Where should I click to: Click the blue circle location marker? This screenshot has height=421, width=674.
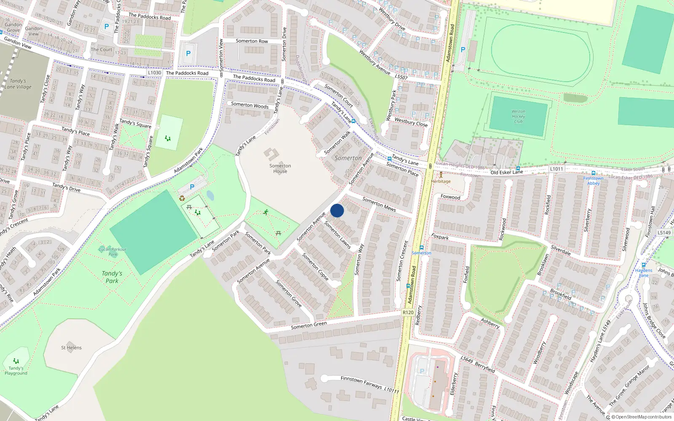(x=337, y=210)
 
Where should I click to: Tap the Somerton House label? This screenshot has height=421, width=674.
(x=280, y=168)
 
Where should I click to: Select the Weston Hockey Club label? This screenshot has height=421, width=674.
(x=518, y=117)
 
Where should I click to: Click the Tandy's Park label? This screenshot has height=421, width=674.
(x=112, y=277)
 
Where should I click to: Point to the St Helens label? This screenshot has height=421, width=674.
(x=71, y=348)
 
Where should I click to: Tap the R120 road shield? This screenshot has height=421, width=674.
(x=408, y=312)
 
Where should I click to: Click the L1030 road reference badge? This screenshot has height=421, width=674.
(x=155, y=73)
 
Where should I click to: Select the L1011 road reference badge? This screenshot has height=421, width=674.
(x=556, y=169)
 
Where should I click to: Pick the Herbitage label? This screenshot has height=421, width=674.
(x=441, y=181)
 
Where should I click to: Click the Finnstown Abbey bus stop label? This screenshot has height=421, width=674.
(x=593, y=181)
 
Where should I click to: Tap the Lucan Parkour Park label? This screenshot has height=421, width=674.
(x=112, y=252)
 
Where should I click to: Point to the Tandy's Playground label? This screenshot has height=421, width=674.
(x=16, y=370)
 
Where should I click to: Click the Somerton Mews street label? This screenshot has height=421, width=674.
(x=379, y=204)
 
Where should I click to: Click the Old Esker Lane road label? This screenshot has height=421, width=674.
(x=506, y=172)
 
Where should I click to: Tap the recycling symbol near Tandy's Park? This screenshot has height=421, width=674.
(x=182, y=198)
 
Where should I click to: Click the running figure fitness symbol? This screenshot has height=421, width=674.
(x=266, y=212)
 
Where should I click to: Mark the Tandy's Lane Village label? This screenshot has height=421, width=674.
(x=18, y=84)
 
